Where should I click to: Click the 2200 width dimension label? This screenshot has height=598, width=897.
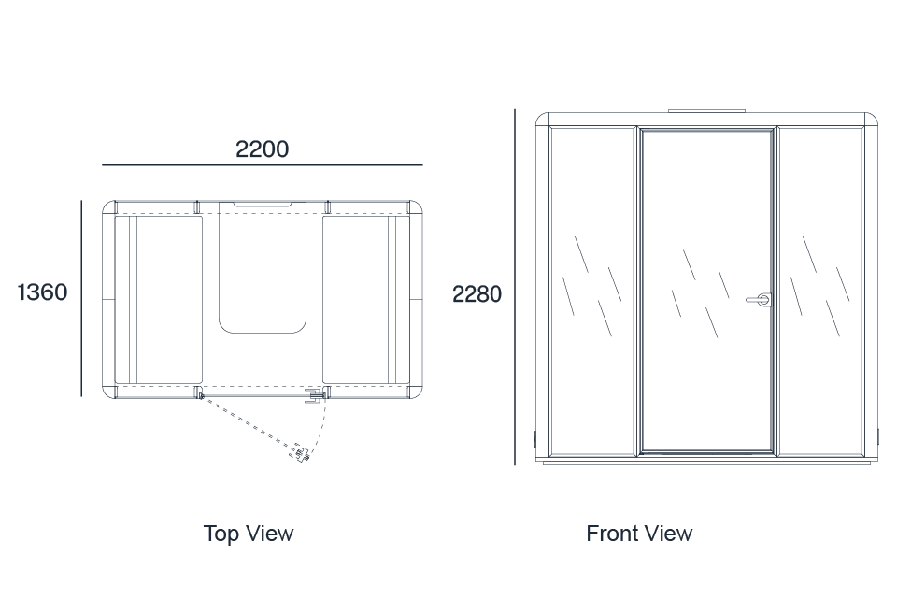click(262, 149)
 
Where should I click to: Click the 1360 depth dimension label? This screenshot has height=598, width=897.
click(42, 292)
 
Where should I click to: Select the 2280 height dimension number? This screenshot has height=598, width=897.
click(477, 294)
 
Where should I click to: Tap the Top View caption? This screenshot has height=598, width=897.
click(249, 534)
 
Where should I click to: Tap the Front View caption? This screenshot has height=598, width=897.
click(639, 534)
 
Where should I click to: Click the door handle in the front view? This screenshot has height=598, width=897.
click(759, 299)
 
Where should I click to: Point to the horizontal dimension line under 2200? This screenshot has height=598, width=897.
click(262, 164)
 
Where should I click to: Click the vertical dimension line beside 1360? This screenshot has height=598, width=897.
click(81, 298)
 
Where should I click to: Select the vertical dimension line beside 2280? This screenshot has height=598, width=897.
click(514, 287)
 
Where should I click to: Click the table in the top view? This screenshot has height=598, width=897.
click(263, 267)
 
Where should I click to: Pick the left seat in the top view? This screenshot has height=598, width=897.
click(159, 299)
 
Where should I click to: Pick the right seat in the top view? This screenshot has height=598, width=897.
click(366, 299)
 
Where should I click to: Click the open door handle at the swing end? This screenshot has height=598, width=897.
click(300, 452)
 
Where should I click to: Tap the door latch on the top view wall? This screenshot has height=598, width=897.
click(315, 396)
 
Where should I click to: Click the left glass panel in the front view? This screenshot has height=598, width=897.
click(592, 292)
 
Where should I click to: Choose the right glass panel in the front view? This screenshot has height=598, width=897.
click(820, 292)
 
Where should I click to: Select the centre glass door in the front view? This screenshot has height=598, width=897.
click(707, 291)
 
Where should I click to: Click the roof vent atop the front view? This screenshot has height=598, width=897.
click(707, 111)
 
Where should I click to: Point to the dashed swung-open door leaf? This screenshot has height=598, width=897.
click(250, 424)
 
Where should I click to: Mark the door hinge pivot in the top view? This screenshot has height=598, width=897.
click(201, 395)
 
